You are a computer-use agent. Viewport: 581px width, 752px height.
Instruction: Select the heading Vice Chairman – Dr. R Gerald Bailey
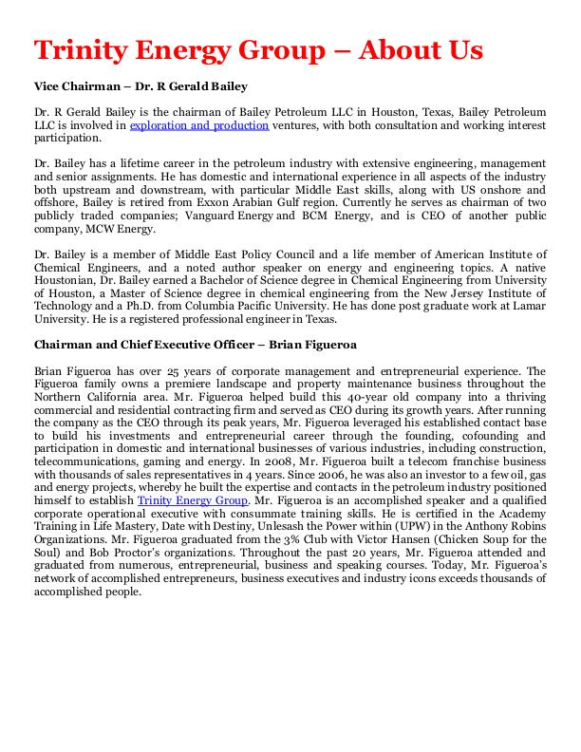[x=141, y=86]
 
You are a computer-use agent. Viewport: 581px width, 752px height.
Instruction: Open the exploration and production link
[x=199, y=125]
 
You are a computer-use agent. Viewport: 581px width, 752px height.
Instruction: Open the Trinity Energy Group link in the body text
[x=193, y=499]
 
